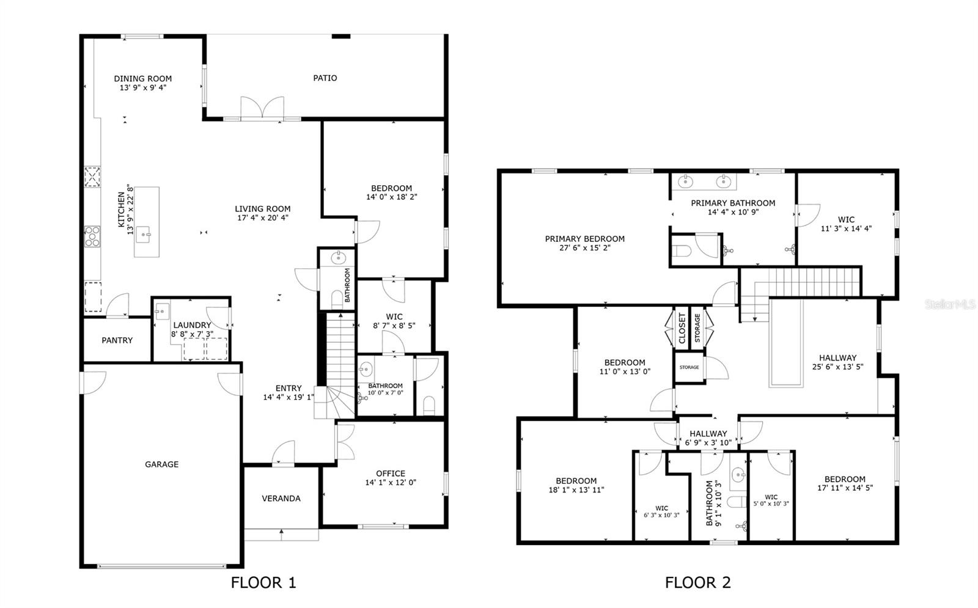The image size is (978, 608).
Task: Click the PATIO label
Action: [x=325, y=78]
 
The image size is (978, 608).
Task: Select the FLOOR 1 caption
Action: [x=263, y=582]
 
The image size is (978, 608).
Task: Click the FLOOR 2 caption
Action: [x=697, y=582]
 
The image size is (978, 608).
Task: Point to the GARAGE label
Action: [x=161, y=464]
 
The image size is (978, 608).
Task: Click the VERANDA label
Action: [x=281, y=499]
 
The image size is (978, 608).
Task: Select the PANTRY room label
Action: [x=117, y=340]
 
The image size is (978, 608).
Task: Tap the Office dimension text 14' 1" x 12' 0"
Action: [x=391, y=483]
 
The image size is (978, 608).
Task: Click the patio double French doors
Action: [x=262, y=108]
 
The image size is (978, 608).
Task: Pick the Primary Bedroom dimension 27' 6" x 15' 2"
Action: [x=584, y=248]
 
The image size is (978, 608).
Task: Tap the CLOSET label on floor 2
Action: [x=682, y=328]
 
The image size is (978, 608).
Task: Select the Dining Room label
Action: [x=142, y=78]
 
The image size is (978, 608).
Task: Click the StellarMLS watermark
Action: [x=950, y=304]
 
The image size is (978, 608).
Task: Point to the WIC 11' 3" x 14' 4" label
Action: [x=846, y=224]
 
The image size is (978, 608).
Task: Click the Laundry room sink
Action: [x=162, y=311]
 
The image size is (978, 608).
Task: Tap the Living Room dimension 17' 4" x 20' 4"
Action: [x=263, y=218]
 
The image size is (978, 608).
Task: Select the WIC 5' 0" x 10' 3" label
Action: [x=771, y=500]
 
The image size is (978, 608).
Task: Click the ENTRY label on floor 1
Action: [x=289, y=388]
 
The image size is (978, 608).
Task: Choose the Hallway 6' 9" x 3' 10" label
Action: [x=708, y=438]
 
